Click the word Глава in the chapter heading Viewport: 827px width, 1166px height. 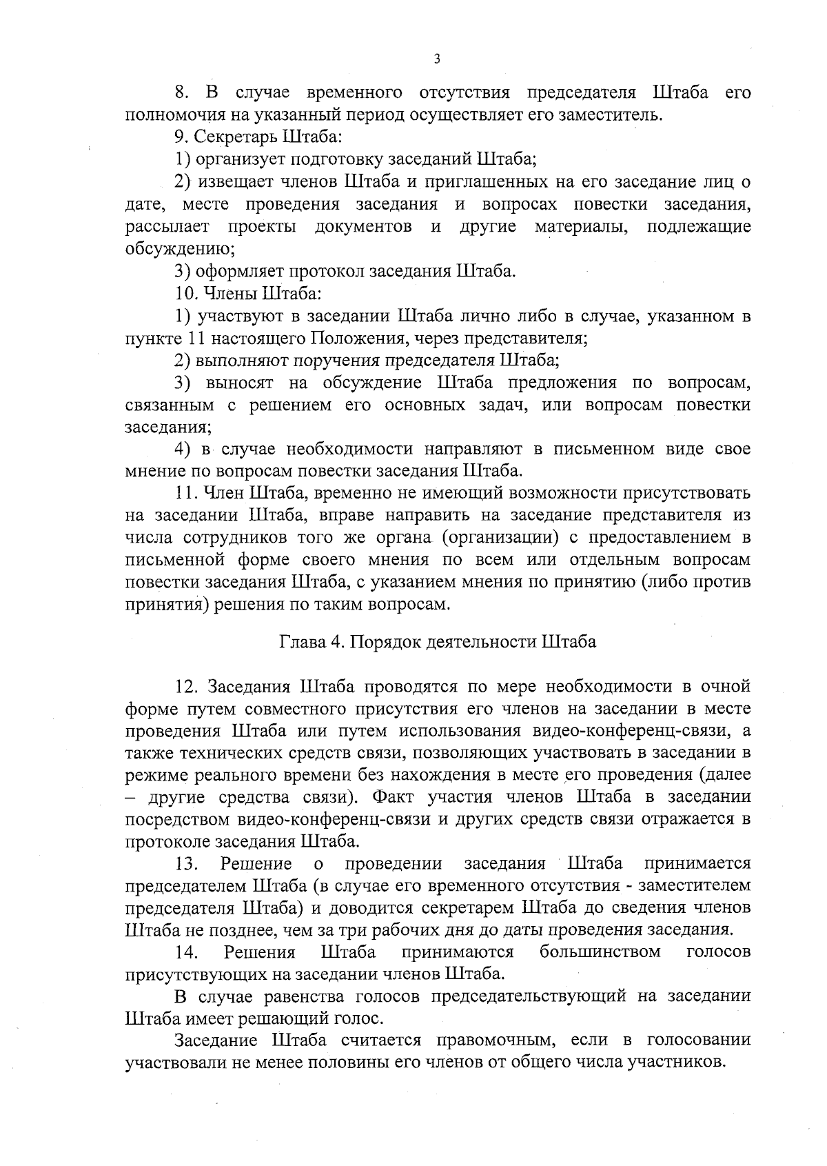[301, 642]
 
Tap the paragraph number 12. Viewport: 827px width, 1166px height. [187, 687]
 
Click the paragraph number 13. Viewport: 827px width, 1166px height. [187, 864]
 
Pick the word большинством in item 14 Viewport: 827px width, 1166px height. [600, 953]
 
